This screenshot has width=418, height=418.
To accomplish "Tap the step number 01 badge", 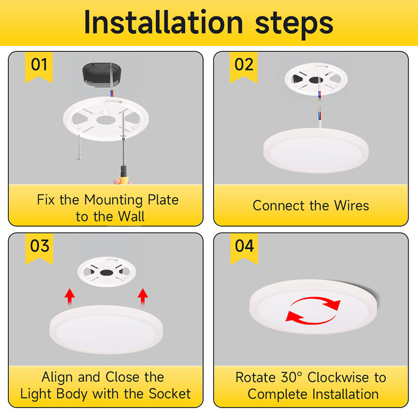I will pos(39,65).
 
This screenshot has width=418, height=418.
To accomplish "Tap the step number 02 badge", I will pos(244,65).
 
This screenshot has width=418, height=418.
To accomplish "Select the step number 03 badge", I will pos(39,246).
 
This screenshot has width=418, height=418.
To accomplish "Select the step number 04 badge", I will pos(244,246).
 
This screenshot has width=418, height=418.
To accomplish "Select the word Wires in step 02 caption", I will pos(350,205).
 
